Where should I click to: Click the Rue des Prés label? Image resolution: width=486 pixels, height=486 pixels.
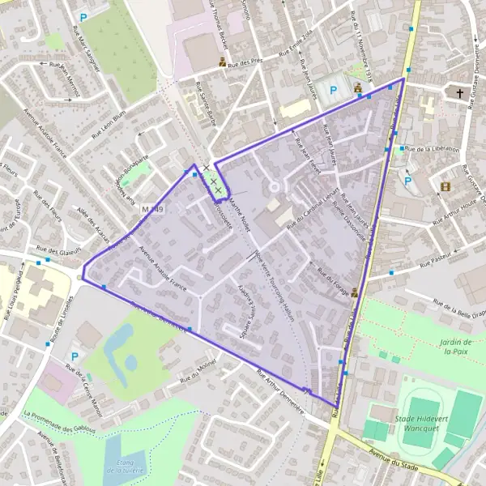(246, 62)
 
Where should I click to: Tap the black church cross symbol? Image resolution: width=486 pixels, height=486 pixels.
(460, 94)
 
